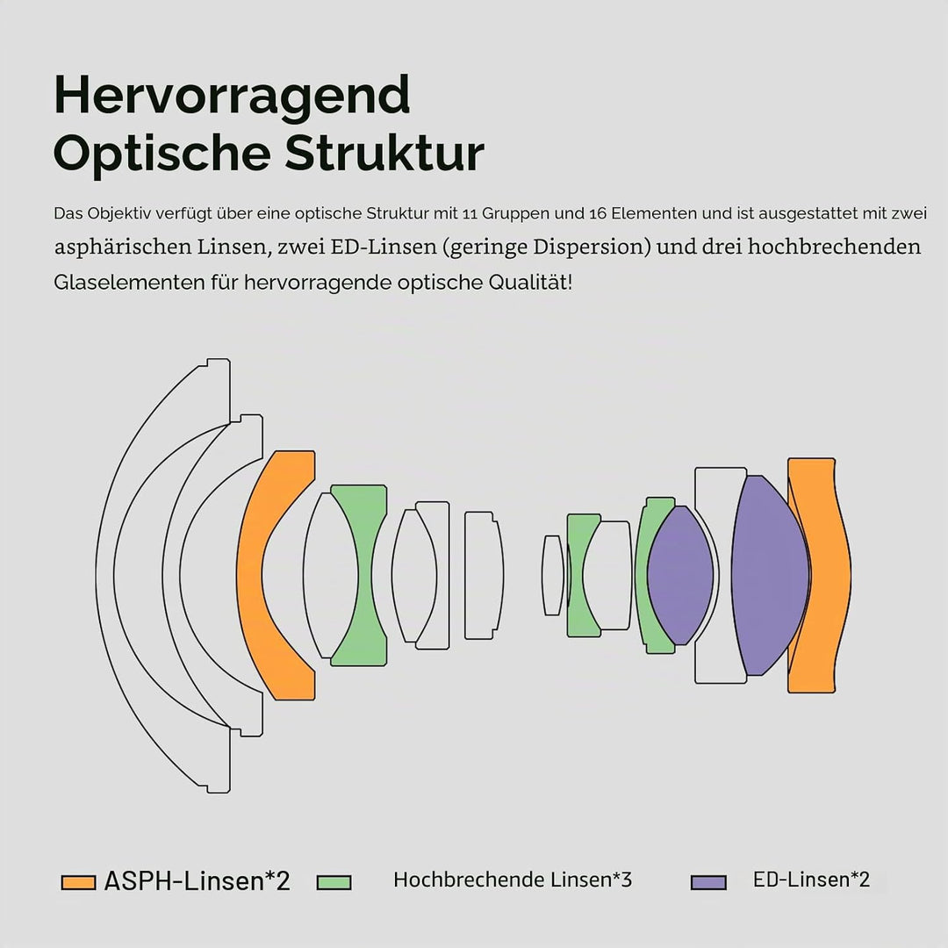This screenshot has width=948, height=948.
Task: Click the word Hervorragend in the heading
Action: (232, 96)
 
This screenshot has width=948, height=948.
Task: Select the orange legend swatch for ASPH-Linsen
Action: (79, 882)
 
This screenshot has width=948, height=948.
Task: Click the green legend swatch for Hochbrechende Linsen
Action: (334, 882)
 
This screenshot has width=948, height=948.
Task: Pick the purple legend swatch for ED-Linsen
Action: (708, 882)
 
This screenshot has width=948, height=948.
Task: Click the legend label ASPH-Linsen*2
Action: (197, 881)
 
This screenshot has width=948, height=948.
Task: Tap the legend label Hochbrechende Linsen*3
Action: (513, 880)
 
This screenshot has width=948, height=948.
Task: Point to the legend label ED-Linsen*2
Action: (811, 879)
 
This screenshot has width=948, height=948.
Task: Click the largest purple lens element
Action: (769, 575)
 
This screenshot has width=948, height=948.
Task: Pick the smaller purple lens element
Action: (680, 575)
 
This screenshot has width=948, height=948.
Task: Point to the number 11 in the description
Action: (469, 213)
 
